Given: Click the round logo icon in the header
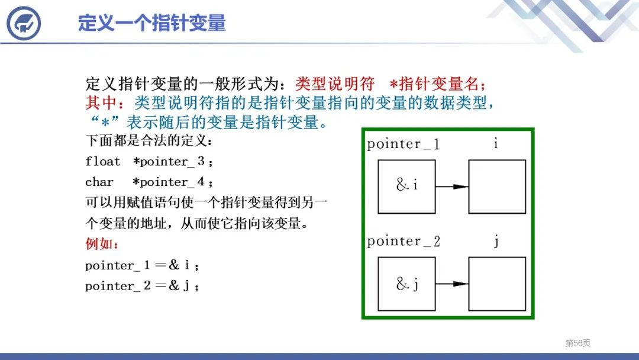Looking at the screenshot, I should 23,24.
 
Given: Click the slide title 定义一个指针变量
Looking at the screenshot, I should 151,23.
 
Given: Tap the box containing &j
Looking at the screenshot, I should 406,284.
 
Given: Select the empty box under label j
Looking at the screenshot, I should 497,284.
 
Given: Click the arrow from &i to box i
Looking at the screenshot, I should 452,187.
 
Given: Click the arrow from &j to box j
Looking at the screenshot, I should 452,284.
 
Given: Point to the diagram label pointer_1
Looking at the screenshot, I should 403,144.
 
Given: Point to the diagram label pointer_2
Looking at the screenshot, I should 403,242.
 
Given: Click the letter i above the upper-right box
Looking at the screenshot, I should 495,143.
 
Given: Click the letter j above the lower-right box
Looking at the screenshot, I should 496,242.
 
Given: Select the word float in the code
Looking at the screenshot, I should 102,162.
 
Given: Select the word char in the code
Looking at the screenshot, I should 99,182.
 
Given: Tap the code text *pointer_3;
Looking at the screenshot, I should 172,162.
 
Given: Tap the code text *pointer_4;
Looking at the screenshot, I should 172,182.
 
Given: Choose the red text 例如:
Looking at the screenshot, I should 102,244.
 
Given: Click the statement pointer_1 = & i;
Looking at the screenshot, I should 142,265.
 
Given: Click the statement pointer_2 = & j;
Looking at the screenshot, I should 142,286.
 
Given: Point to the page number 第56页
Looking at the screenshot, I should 577,343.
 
